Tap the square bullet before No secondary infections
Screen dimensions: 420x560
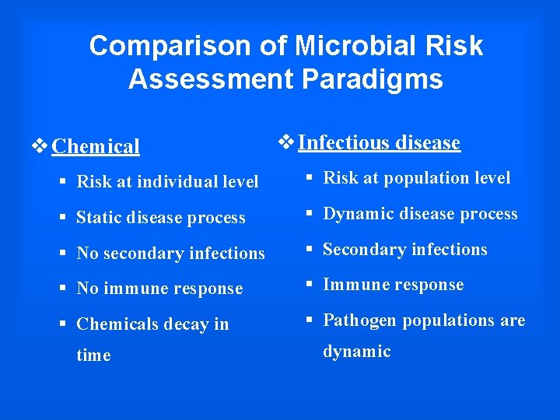[x=63, y=254]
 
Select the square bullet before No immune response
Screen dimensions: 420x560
[x=63, y=289]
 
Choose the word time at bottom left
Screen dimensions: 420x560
[x=93, y=355]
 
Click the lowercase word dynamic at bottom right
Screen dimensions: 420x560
[x=356, y=352]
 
